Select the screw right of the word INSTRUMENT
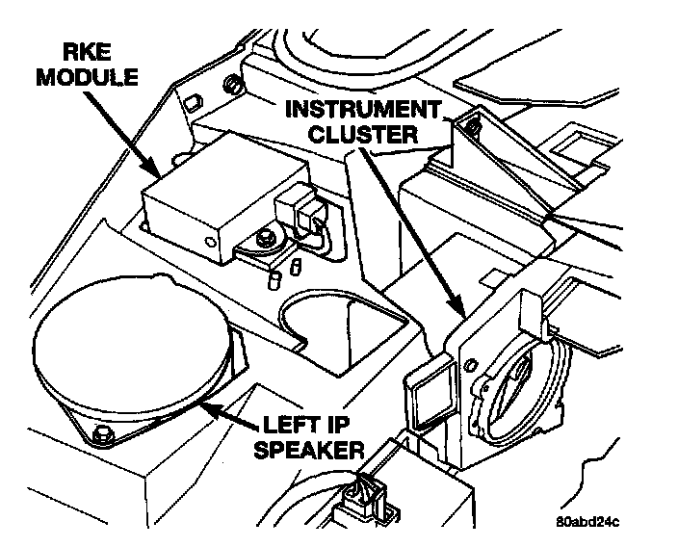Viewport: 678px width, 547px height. [471, 122]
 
